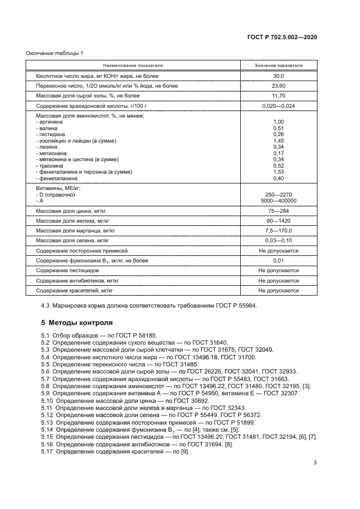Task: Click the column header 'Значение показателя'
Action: coord(278,65)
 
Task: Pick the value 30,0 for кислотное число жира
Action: coord(278,77)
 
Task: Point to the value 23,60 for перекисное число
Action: coord(278,86)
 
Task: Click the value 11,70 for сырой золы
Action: coord(278,96)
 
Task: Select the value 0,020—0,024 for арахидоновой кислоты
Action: coord(278,106)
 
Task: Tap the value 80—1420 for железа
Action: coord(278,221)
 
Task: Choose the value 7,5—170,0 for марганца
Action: coord(278,230)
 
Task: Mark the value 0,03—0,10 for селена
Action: coord(278,240)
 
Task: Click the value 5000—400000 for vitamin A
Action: coord(278,200)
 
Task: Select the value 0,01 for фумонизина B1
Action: coord(278,261)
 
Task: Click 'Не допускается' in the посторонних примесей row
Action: coord(278,250)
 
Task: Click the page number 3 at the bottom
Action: coord(315,463)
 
